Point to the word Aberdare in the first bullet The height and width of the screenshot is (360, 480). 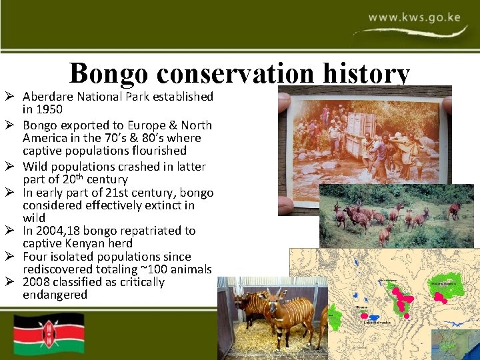click(x=49, y=97)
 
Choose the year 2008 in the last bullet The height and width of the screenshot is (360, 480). click(x=37, y=282)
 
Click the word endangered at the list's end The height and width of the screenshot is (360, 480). click(x=55, y=295)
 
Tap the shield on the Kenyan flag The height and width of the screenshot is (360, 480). click(x=49, y=333)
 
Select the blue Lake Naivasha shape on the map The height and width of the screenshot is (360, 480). click(x=374, y=317)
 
